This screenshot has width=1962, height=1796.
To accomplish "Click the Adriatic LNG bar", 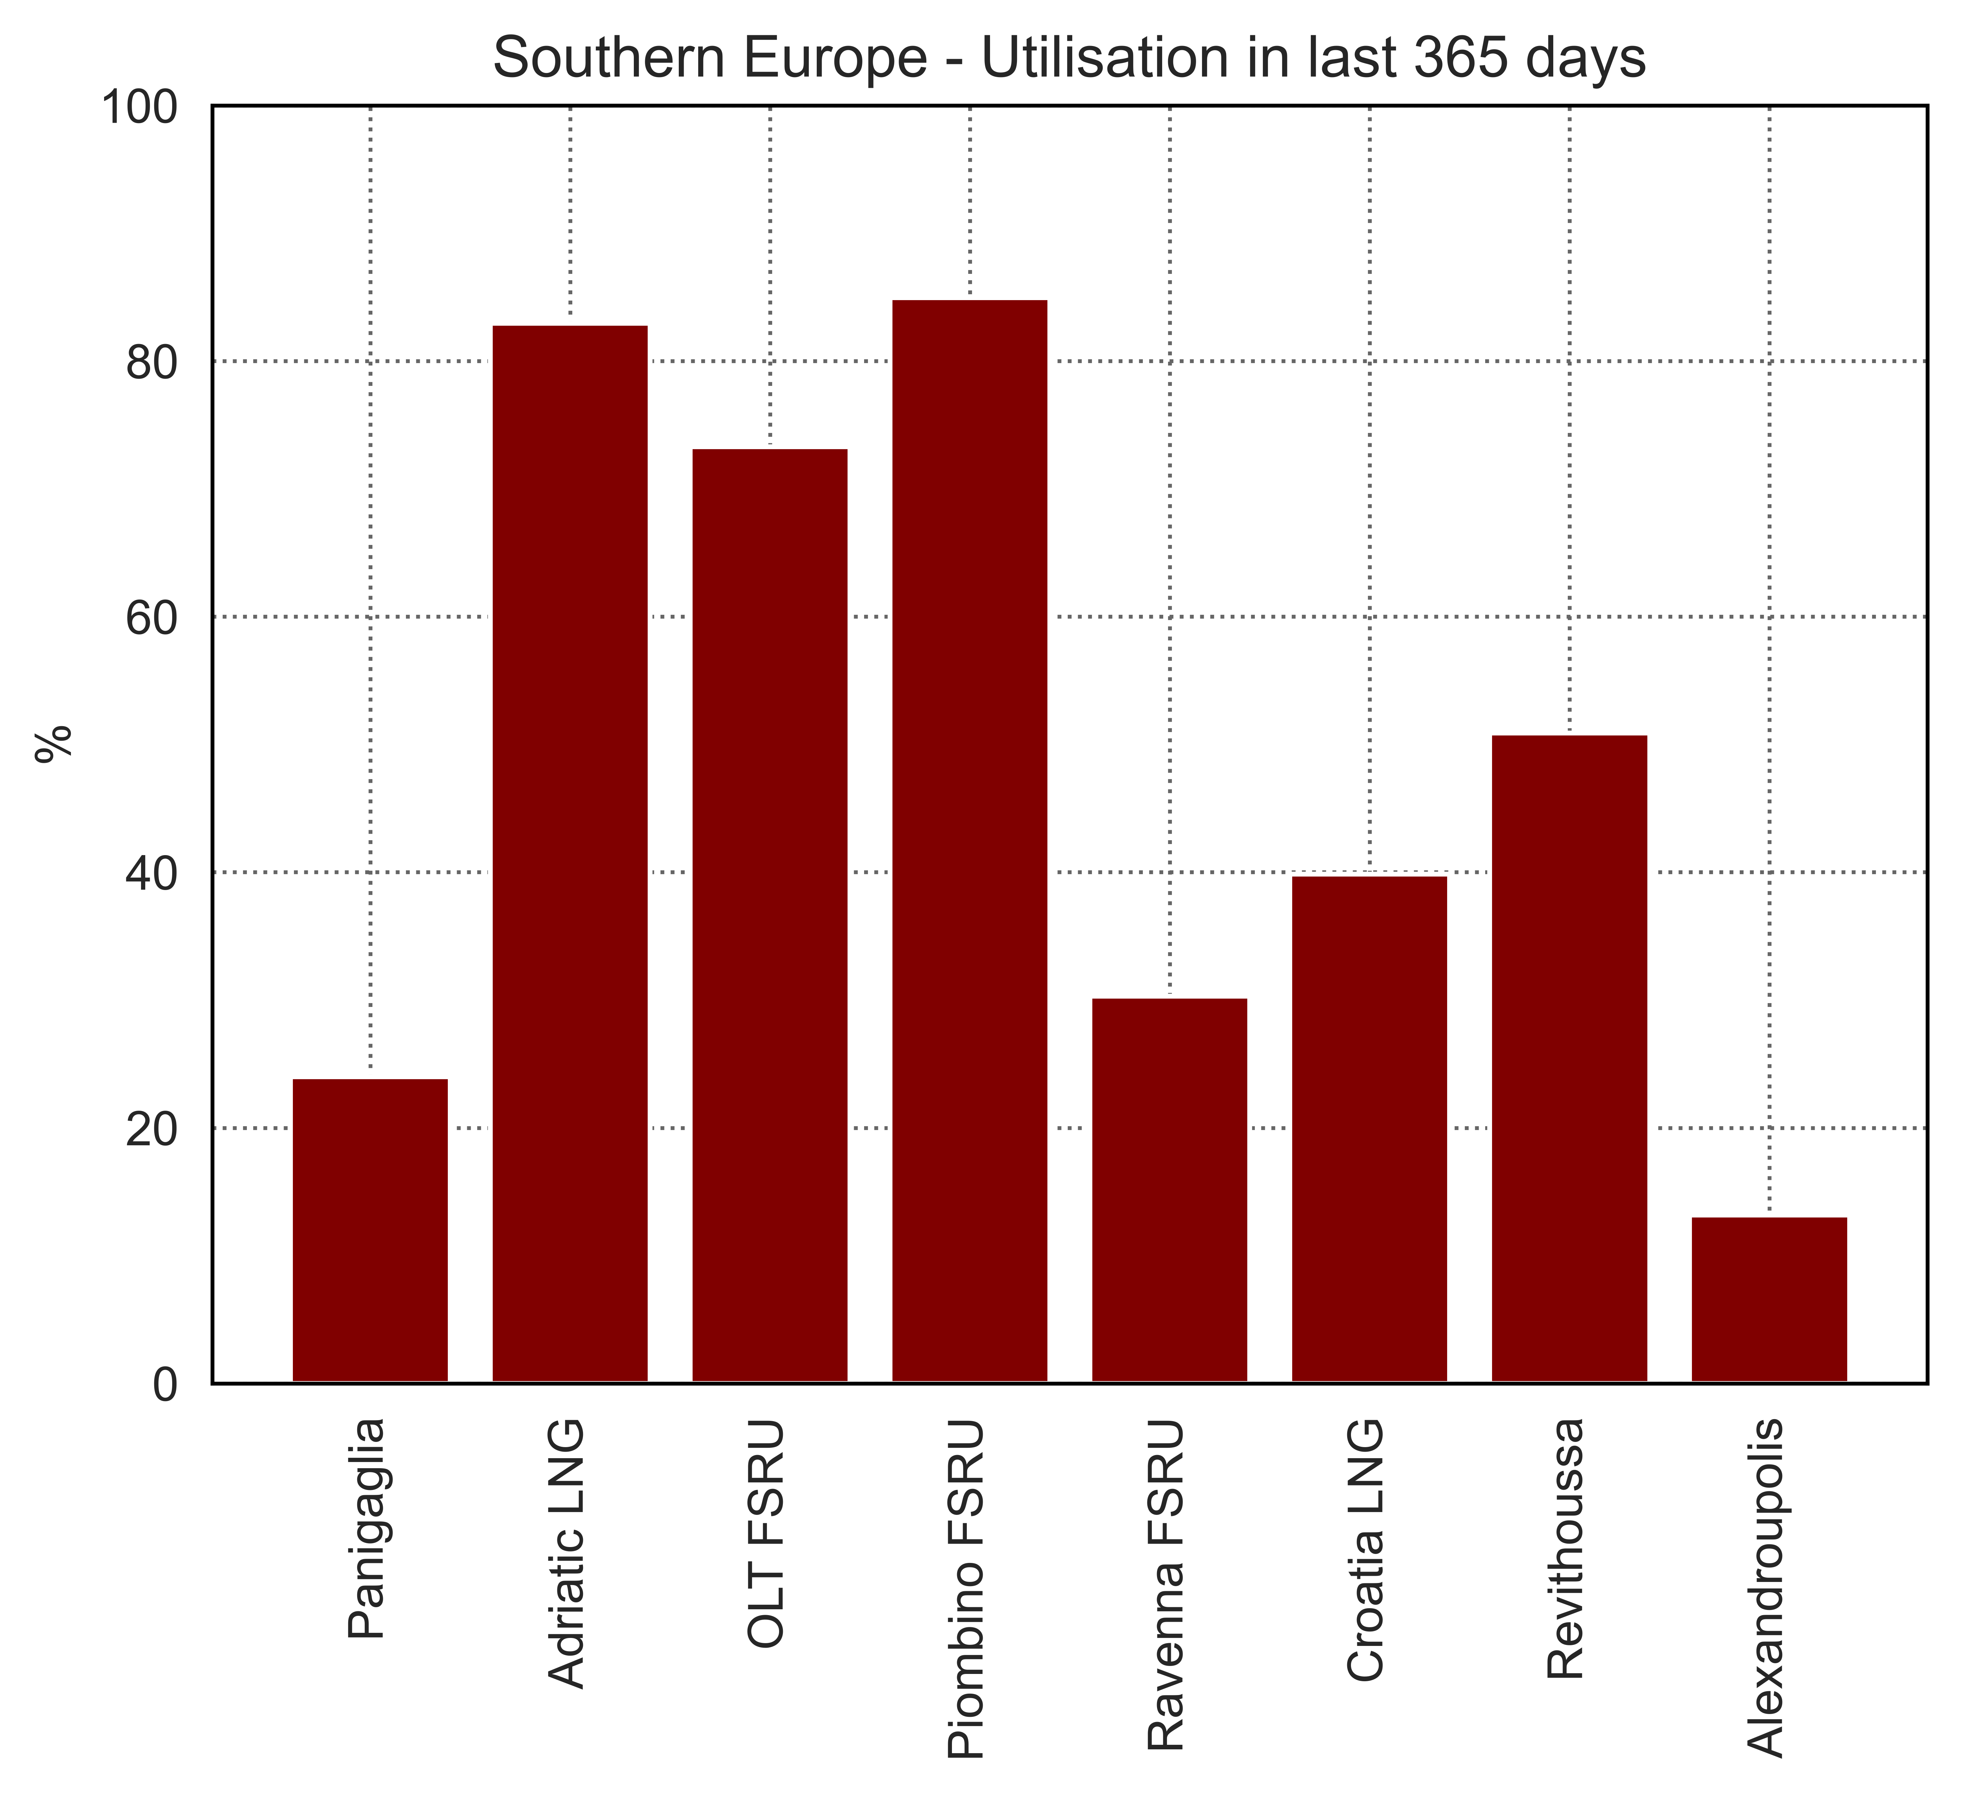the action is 570,854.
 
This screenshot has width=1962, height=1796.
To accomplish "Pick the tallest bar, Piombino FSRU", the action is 970,841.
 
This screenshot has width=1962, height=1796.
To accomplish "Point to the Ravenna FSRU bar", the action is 1170,1191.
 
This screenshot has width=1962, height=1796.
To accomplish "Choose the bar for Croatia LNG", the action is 1369,1129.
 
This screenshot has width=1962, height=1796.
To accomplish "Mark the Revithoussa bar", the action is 1570,1059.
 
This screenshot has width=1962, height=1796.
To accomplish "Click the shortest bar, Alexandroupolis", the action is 1769,1299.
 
